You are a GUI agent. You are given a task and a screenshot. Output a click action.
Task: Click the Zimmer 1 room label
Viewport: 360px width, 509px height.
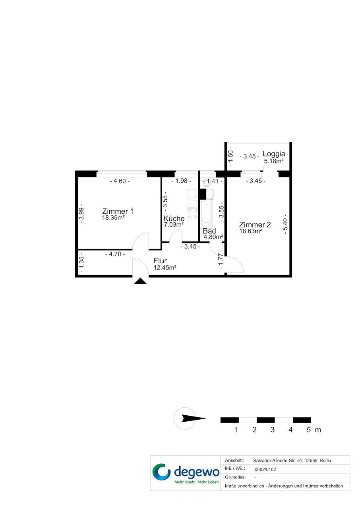click(x=118, y=211)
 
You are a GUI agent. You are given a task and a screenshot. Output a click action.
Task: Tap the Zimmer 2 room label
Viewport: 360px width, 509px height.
click(x=255, y=225)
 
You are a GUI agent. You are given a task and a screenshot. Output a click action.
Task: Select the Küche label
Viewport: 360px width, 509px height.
click(x=174, y=218)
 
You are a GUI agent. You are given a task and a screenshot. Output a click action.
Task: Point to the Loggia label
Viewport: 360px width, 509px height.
click(x=274, y=154)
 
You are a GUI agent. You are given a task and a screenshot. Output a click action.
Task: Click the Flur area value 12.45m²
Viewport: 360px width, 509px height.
click(x=165, y=268)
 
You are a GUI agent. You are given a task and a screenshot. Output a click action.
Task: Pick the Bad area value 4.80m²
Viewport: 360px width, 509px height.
click(x=213, y=237)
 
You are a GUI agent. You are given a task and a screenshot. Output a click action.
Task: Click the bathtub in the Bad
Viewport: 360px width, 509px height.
click(x=207, y=214)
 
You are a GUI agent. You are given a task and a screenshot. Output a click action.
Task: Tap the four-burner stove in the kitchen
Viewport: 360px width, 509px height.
click(x=192, y=214)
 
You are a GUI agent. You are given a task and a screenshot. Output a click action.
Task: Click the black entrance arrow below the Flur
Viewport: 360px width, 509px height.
click(x=140, y=281)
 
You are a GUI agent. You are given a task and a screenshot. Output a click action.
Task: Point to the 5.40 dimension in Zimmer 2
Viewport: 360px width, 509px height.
click(x=285, y=224)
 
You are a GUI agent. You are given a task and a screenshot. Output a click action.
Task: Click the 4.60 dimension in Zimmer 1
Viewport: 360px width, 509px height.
click(x=120, y=181)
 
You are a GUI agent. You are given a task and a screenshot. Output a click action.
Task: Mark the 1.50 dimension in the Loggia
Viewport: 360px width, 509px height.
click(x=230, y=156)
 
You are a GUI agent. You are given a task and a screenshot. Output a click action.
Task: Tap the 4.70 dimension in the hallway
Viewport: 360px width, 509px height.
click(x=115, y=254)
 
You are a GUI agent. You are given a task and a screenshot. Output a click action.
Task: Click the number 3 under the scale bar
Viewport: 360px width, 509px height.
click(x=273, y=430)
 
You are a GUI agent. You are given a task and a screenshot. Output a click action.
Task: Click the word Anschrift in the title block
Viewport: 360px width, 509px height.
click(x=234, y=461)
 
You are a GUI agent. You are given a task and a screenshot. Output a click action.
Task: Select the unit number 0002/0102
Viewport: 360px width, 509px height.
click(x=265, y=469)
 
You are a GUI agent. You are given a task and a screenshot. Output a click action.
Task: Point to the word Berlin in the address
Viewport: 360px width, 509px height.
click(x=325, y=461)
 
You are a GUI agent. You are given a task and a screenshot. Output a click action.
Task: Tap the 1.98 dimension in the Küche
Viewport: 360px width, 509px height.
click(x=181, y=181)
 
